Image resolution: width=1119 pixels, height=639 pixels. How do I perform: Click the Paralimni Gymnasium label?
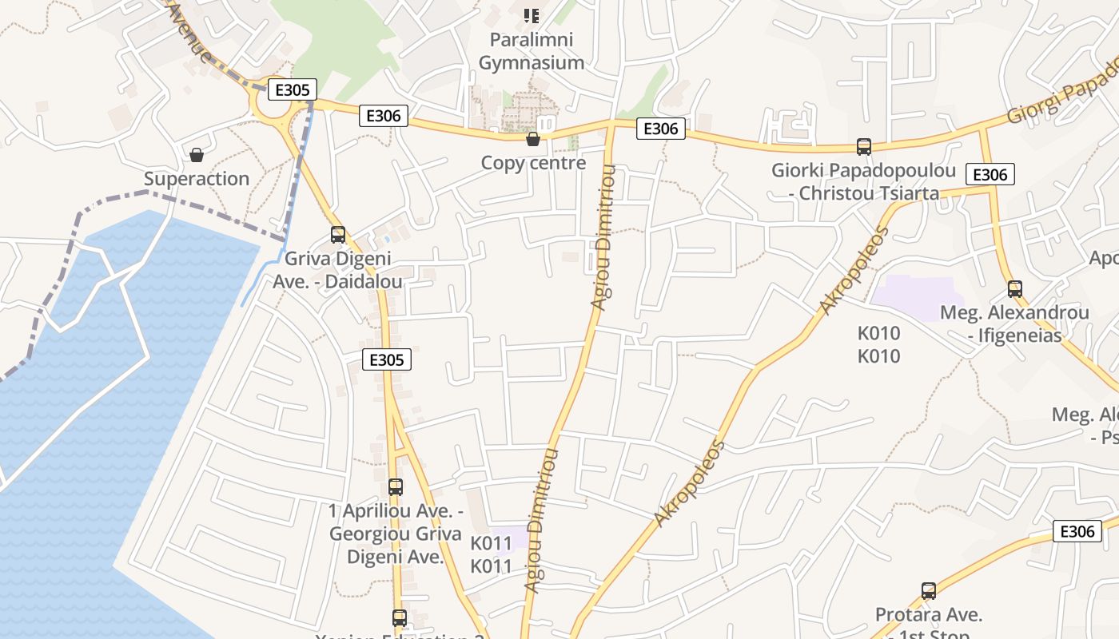[x=532, y=50]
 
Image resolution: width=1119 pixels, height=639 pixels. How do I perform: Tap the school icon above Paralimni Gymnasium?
[x=532, y=15]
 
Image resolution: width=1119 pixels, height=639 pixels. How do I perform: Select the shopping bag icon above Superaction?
[x=197, y=154]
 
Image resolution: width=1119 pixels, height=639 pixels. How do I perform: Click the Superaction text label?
[x=197, y=178]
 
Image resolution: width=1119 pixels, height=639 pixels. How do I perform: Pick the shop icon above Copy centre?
[x=533, y=139]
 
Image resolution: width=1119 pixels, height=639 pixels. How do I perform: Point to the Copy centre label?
[x=533, y=163]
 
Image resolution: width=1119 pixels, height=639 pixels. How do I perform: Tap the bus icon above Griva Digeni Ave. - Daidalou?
[x=338, y=235]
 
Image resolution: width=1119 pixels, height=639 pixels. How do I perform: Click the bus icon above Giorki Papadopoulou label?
[x=863, y=146]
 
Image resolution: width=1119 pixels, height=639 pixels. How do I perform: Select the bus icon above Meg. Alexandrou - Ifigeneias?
[x=1014, y=288]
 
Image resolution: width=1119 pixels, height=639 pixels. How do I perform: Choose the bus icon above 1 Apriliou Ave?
[x=396, y=486]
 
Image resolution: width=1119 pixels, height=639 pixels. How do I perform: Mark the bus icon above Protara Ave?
[x=928, y=591]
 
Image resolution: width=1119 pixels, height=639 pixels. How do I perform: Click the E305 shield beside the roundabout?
[x=292, y=89]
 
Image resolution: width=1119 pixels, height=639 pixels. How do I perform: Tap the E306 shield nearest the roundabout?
[x=384, y=116]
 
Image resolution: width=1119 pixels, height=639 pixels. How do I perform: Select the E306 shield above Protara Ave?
[x=1077, y=531]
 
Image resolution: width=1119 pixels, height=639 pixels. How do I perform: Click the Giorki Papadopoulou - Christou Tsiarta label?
[x=863, y=181]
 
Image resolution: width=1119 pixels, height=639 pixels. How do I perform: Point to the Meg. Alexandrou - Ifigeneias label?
[x=1014, y=323]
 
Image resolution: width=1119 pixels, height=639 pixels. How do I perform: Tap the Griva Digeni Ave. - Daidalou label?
[x=338, y=270]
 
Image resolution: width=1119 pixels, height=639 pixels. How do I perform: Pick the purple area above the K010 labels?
[x=915, y=297]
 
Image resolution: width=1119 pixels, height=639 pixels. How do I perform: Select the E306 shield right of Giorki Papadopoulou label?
[x=990, y=174]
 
